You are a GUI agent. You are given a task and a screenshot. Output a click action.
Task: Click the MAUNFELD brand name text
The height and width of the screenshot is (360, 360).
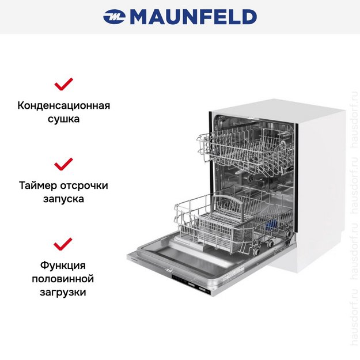click(193, 17)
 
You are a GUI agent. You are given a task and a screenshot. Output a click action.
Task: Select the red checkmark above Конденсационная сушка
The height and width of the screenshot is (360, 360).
click(63, 85)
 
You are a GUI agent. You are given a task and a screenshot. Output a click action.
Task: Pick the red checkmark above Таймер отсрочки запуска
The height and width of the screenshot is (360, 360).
click(63, 164)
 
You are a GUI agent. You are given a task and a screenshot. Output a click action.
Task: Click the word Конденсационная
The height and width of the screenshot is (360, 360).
click(63, 106)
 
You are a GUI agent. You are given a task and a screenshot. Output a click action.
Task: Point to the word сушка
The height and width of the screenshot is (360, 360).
click(63, 120)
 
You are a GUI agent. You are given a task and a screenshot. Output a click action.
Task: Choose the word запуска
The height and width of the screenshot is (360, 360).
click(63, 199)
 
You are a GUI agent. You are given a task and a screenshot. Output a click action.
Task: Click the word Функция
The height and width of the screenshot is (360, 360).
click(63, 265)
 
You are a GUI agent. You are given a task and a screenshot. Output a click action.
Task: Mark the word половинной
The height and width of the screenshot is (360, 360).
click(63, 279)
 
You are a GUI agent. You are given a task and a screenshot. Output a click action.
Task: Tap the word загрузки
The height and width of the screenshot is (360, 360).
click(63, 292)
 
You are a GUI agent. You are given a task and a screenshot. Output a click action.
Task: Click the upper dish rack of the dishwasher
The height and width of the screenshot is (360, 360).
click(242, 147)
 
